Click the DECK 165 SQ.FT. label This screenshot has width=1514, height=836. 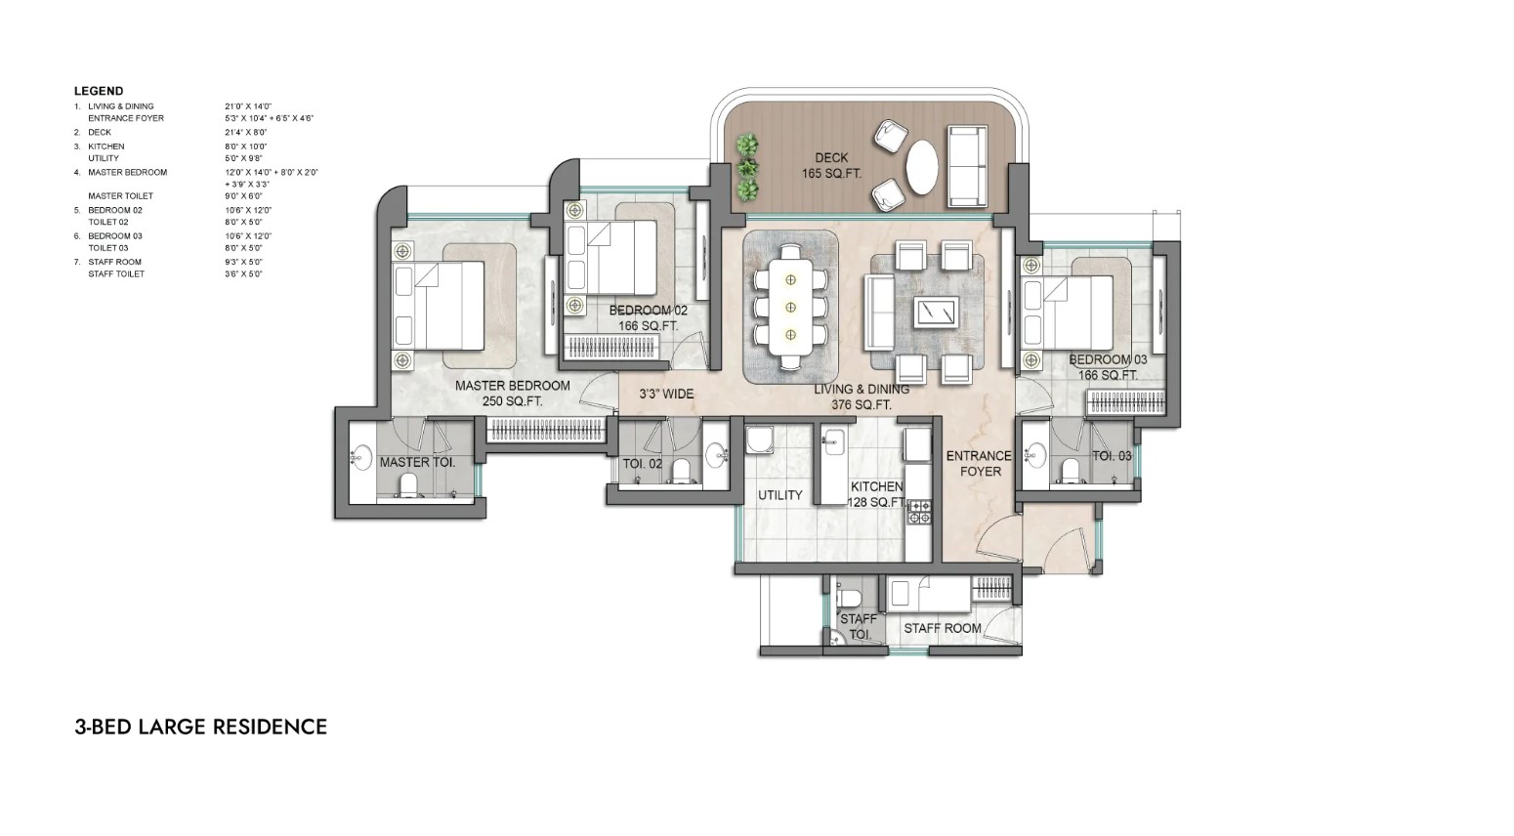(831, 165)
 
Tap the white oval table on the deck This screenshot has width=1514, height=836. (923, 169)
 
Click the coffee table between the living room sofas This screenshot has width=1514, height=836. (936, 313)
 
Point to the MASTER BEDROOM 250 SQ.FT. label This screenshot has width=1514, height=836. (512, 394)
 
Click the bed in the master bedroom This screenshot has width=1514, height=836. (439, 305)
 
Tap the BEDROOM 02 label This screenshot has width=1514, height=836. (648, 317)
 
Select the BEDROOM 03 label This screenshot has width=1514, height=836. (1108, 367)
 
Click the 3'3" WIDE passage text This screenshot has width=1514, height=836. (666, 395)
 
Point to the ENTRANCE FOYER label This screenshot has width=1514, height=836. (979, 463)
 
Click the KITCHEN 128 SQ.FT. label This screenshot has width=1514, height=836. (876, 494)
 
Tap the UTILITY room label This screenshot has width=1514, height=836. (779, 495)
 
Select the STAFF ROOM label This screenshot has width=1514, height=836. (942, 628)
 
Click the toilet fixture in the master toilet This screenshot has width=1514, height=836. (409, 485)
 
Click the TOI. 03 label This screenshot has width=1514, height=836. (1112, 456)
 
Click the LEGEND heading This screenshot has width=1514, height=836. (99, 91)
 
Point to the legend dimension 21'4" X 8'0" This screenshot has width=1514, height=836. (245, 132)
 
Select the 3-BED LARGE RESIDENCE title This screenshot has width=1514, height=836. (200, 727)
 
